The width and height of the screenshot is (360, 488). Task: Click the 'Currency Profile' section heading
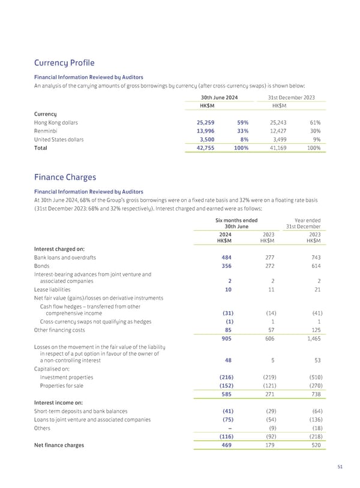65,63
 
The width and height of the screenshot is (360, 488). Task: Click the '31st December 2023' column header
292,98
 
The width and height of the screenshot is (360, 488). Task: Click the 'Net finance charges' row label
59,445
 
